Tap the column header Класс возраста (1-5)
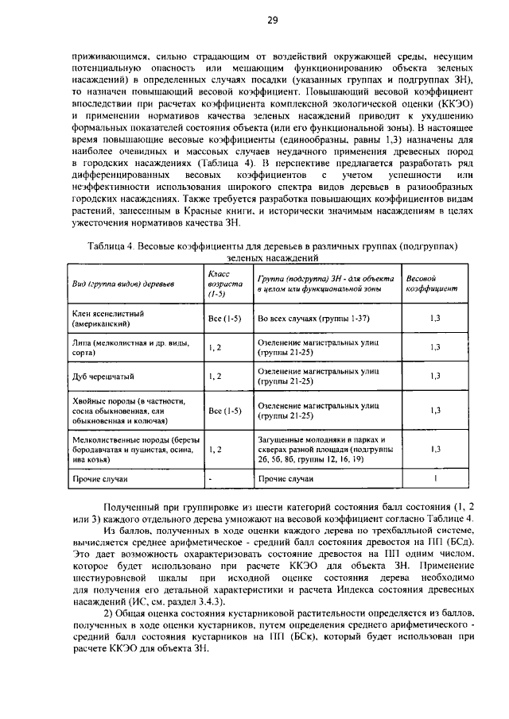tap(219, 284)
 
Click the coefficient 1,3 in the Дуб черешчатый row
tap(435, 376)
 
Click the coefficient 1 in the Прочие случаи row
tap(435, 479)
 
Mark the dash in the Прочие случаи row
tap(209, 480)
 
